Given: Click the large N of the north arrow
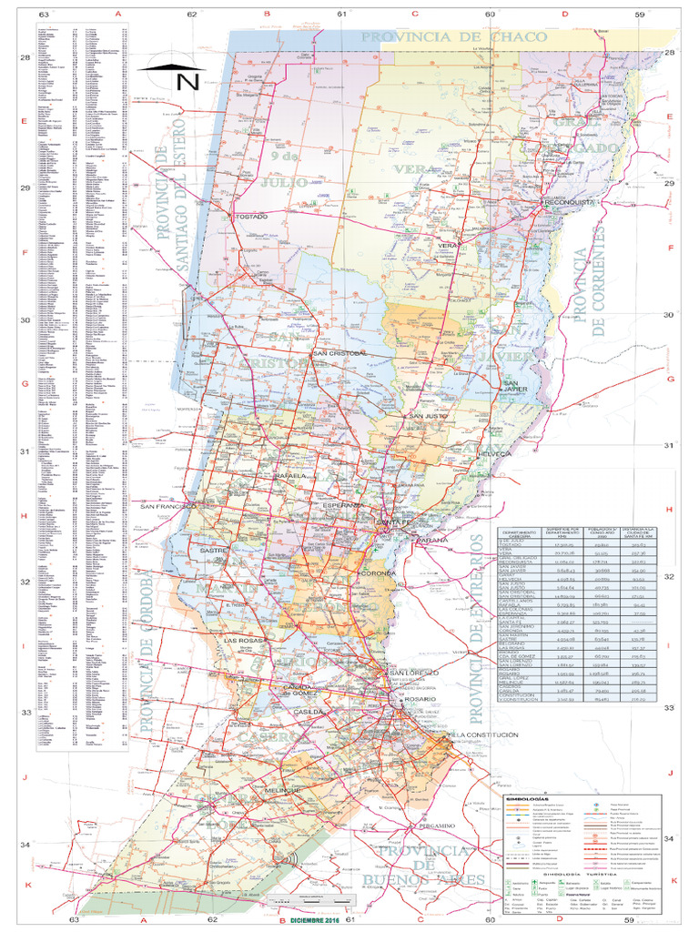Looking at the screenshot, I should (x=187, y=81).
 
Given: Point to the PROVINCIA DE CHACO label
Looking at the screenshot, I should (x=454, y=36).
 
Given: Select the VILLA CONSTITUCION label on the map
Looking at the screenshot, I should (x=483, y=734).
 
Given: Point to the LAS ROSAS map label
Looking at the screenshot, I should (x=243, y=641).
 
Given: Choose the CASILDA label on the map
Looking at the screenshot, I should (x=308, y=711).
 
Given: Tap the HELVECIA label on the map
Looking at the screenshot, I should (x=497, y=452).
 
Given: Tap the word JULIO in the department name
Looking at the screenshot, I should (x=283, y=182).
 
